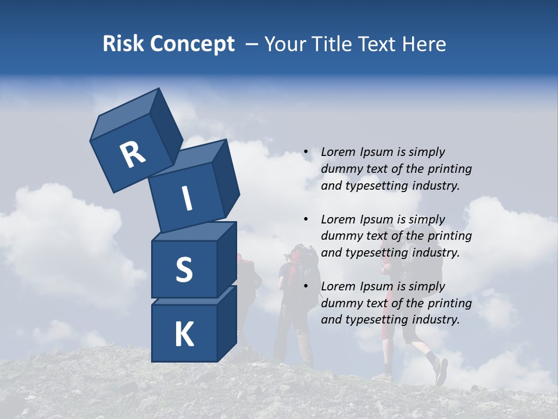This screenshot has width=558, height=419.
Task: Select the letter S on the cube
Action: point(184,269)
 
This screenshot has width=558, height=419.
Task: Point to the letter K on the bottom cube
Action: point(184,335)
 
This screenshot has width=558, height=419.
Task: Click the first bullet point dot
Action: point(305,152)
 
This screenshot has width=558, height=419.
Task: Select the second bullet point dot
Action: point(305,219)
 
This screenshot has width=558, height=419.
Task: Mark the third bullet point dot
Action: point(305,286)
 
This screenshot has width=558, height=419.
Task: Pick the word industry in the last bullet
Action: point(436,319)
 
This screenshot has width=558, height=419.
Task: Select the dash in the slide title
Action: point(252,44)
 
